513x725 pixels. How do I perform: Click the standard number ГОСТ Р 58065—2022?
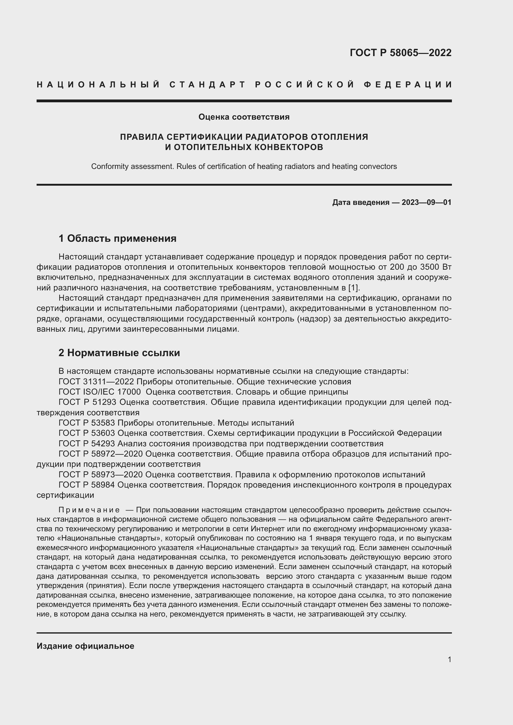400,53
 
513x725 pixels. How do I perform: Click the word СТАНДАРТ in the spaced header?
207,85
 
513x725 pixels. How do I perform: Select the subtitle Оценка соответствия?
244,117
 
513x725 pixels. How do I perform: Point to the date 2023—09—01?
426,202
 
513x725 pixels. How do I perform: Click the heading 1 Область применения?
118,238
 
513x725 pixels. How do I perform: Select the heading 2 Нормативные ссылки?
119,353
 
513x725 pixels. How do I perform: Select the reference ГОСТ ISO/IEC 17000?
100,392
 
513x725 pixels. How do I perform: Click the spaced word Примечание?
89,510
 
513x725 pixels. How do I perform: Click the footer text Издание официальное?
85,646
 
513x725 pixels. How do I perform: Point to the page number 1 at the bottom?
449,659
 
